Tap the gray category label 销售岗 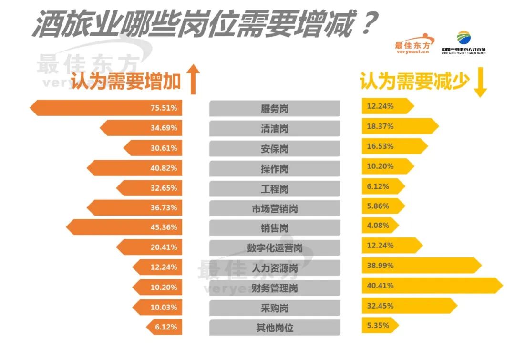(x=275, y=228)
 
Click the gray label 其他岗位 (x=275, y=328)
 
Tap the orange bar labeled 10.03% (x=157, y=307)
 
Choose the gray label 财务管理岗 (x=275, y=288)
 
